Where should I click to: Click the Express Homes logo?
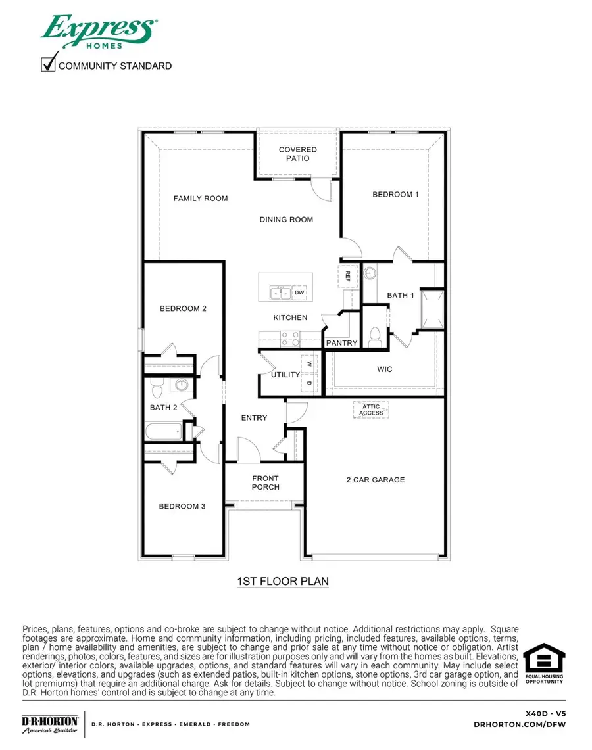(99, 32)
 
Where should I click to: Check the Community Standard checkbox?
(48, 64)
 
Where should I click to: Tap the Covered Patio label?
(298, 154)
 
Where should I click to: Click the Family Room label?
(201, 199)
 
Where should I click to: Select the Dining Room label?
(286, 220)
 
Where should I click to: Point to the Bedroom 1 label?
(395, 195)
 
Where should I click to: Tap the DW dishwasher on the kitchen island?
(299, 293)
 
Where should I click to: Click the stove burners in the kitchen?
(290, 339)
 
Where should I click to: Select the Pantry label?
(342, 343)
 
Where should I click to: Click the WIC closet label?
(385, 369)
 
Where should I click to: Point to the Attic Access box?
(372, 410)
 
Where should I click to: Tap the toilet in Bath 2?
(157, 392)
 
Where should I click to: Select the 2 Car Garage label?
(376, 480)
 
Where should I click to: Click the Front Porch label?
(266, 482)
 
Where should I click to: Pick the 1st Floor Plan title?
(282, 582)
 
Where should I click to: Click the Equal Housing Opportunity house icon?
(543, 659)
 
